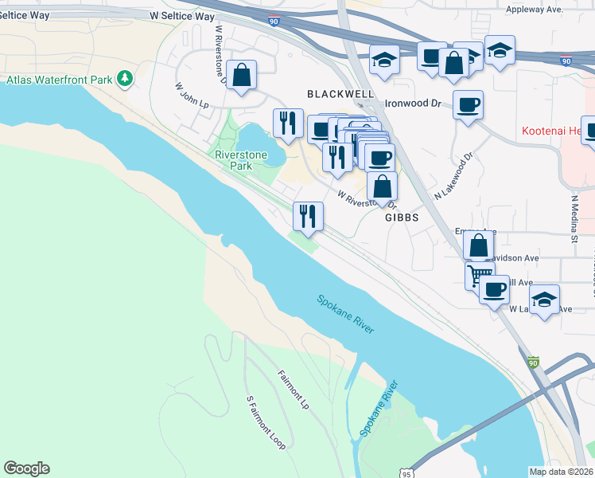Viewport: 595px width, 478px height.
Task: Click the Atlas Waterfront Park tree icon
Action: pyautogui.click(x=124, y=78)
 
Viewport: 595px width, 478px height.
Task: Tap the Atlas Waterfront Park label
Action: pyautogui.click(x=60, y=79)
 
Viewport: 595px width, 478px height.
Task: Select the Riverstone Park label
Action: pyautogui.click(x=234, y=160)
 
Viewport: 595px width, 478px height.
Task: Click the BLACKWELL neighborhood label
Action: pyautogui.click(x=340, y=94)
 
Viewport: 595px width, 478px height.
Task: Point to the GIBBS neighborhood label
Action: pyautogui.click(x=402, y=217)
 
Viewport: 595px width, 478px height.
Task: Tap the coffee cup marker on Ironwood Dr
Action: pyautogui.click(x=469, y=104)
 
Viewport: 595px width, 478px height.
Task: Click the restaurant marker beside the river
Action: pyautogui.click(x=307, y=214)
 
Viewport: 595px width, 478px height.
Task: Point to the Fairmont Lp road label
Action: pyautogui.click(x=293, y=390)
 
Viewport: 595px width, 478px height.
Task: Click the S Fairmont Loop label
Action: pyautogui.click(x=266, y=422)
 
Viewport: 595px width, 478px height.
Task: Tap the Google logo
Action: pyautogui.click(x=26, y=468)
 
